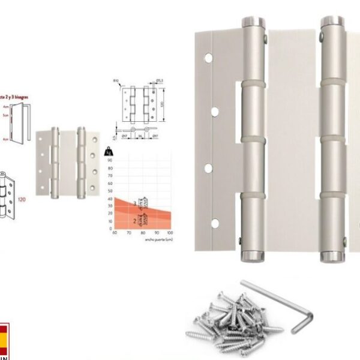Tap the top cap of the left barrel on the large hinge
point(254,23)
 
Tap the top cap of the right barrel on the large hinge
point(332,23)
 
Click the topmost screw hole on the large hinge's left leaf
point(208,59)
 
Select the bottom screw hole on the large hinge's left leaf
point(214,224)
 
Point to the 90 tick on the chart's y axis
point(110,161)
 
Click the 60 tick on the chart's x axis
point(114,233)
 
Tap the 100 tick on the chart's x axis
point(170,233)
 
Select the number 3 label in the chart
point(134,205)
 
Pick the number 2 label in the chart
point(134,220)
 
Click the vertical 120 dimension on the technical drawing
point(163,104)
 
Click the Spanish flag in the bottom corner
point(4,340)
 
